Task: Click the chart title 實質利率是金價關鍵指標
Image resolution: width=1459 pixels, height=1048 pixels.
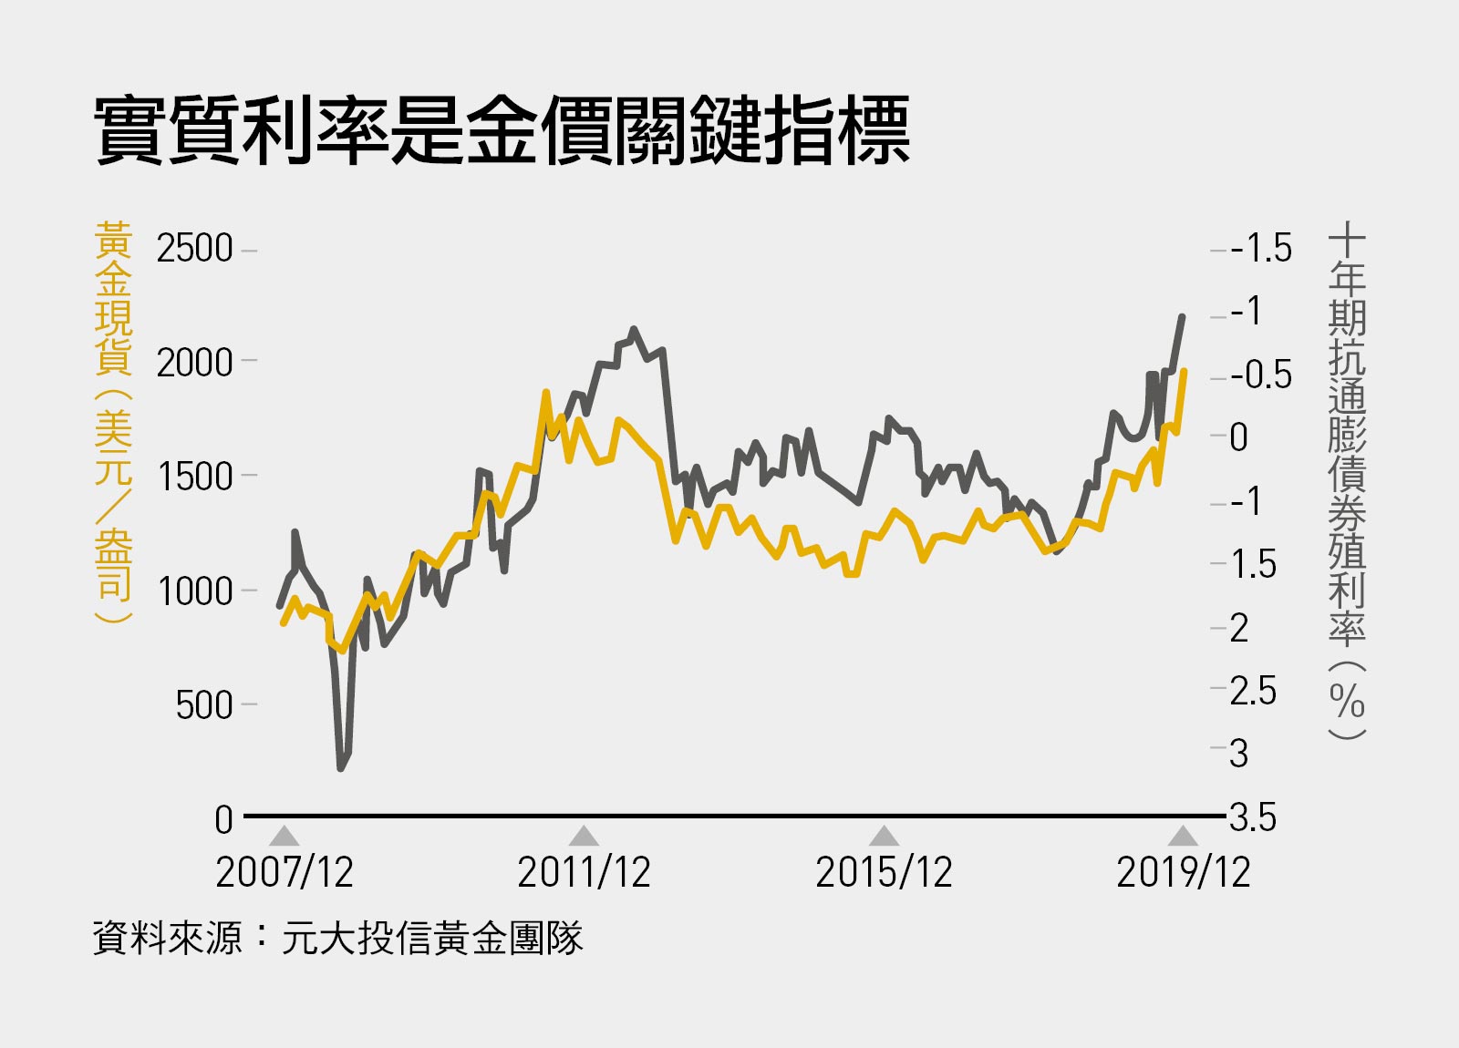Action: click(x=502, y=132)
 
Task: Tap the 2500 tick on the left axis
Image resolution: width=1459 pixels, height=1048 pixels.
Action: click(x=194, y=249)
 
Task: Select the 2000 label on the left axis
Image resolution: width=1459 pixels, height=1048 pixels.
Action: click(x=194, y=363)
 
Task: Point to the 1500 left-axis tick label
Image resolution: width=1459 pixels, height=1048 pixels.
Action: click(x=194, y=477)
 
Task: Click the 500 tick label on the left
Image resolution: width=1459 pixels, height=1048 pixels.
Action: click(x=204, y=704)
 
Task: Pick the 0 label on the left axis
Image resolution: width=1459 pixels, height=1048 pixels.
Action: click(x=223, y=819)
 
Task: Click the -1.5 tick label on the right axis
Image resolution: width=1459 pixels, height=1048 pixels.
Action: click(x=1261, y=248)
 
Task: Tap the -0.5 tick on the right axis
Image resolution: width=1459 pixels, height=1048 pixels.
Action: click(x=1261, y=375)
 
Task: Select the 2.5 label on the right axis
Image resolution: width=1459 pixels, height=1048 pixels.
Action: click(x=1253, y=691)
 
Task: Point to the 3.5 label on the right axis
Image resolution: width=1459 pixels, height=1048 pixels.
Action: click(x=1253, y=817)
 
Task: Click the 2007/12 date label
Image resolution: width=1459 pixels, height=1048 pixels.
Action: click(x=285, y=872)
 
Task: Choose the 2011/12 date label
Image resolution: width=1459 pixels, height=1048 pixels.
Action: click(x=584, y=872)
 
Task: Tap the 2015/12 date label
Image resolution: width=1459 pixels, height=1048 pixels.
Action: click(x=884, y=872)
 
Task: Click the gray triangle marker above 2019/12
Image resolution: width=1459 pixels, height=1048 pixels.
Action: click(x=1183, y=837)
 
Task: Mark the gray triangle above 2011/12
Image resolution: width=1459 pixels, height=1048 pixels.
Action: click(x=584, y=837)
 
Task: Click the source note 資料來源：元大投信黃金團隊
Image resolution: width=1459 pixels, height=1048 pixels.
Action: click(x=337, y=938)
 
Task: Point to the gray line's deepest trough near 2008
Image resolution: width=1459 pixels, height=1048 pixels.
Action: click(x=341, y=767)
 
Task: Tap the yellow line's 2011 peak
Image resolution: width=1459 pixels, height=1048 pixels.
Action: click(x=546, y=393)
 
